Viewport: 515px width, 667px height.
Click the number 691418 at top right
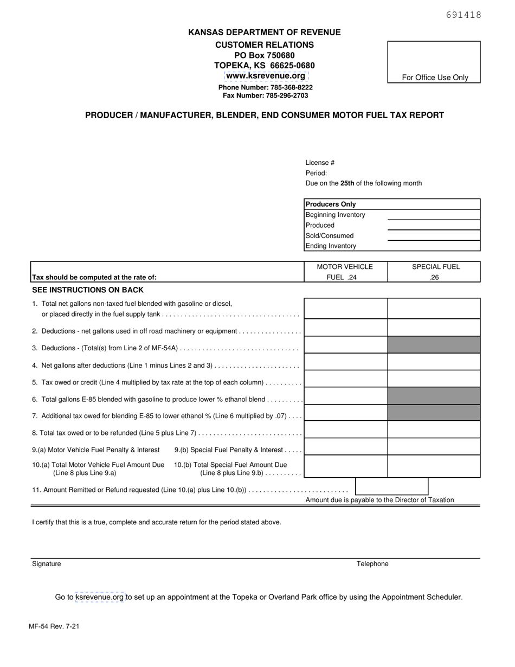tap(463, 15)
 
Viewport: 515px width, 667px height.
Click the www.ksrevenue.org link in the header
tap(266, 76)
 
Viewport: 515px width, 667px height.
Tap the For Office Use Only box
tap(434, 62)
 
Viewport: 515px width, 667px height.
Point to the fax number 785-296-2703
tap(265, 95)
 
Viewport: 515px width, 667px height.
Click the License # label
tap(320, 163)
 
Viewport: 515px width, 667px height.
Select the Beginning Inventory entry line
tap(434, 215)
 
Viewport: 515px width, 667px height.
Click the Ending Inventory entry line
tap(434, 246)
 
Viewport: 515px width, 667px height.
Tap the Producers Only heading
tap(331, 204)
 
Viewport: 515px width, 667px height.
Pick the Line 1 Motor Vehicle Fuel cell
tap(345, 309)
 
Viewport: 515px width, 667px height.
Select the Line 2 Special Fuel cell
tap(434, 328)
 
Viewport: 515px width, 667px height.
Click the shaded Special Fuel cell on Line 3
tap(434, 345)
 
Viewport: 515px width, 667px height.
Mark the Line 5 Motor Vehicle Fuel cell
tap(345, 379)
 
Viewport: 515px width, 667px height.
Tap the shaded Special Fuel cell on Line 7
tap(434, 413)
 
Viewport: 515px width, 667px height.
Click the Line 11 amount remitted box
tap(391, 486)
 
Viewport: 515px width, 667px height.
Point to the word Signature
tap(47, 564)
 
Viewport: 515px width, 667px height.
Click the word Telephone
tap(372, 564)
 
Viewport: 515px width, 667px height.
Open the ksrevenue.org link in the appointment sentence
tap(100, 597)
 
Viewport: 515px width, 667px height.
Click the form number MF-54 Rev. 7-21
tap(54, 626)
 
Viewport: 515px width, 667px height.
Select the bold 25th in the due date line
tap(347, 183)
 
